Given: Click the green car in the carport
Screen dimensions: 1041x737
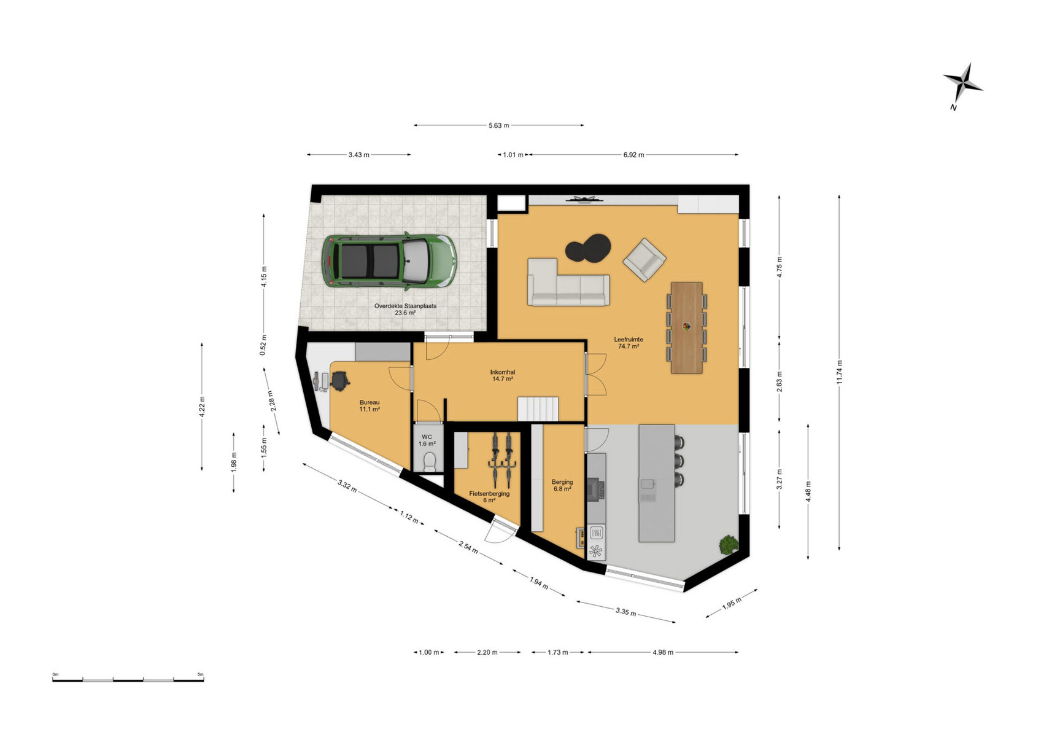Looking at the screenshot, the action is (x=389, y=261).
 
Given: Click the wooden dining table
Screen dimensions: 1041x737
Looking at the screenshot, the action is (x=686, y=328).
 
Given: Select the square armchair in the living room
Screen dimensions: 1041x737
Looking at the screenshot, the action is (x=644, y=260).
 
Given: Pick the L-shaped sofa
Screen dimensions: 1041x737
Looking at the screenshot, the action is (x=568, y=283).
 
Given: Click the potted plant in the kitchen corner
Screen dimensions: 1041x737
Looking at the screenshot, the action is (x=729, y=545).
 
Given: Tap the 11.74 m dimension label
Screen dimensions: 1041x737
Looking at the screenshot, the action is (x=839, y=372).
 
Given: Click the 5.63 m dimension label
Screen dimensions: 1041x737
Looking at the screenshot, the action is (x=498, y=125).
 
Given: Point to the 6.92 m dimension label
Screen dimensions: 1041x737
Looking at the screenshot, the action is (x=633, y=155).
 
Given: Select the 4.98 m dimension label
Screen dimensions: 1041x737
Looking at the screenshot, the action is (x=663, y=652).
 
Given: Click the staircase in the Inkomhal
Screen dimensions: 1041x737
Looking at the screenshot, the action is (x=538, y=409).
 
